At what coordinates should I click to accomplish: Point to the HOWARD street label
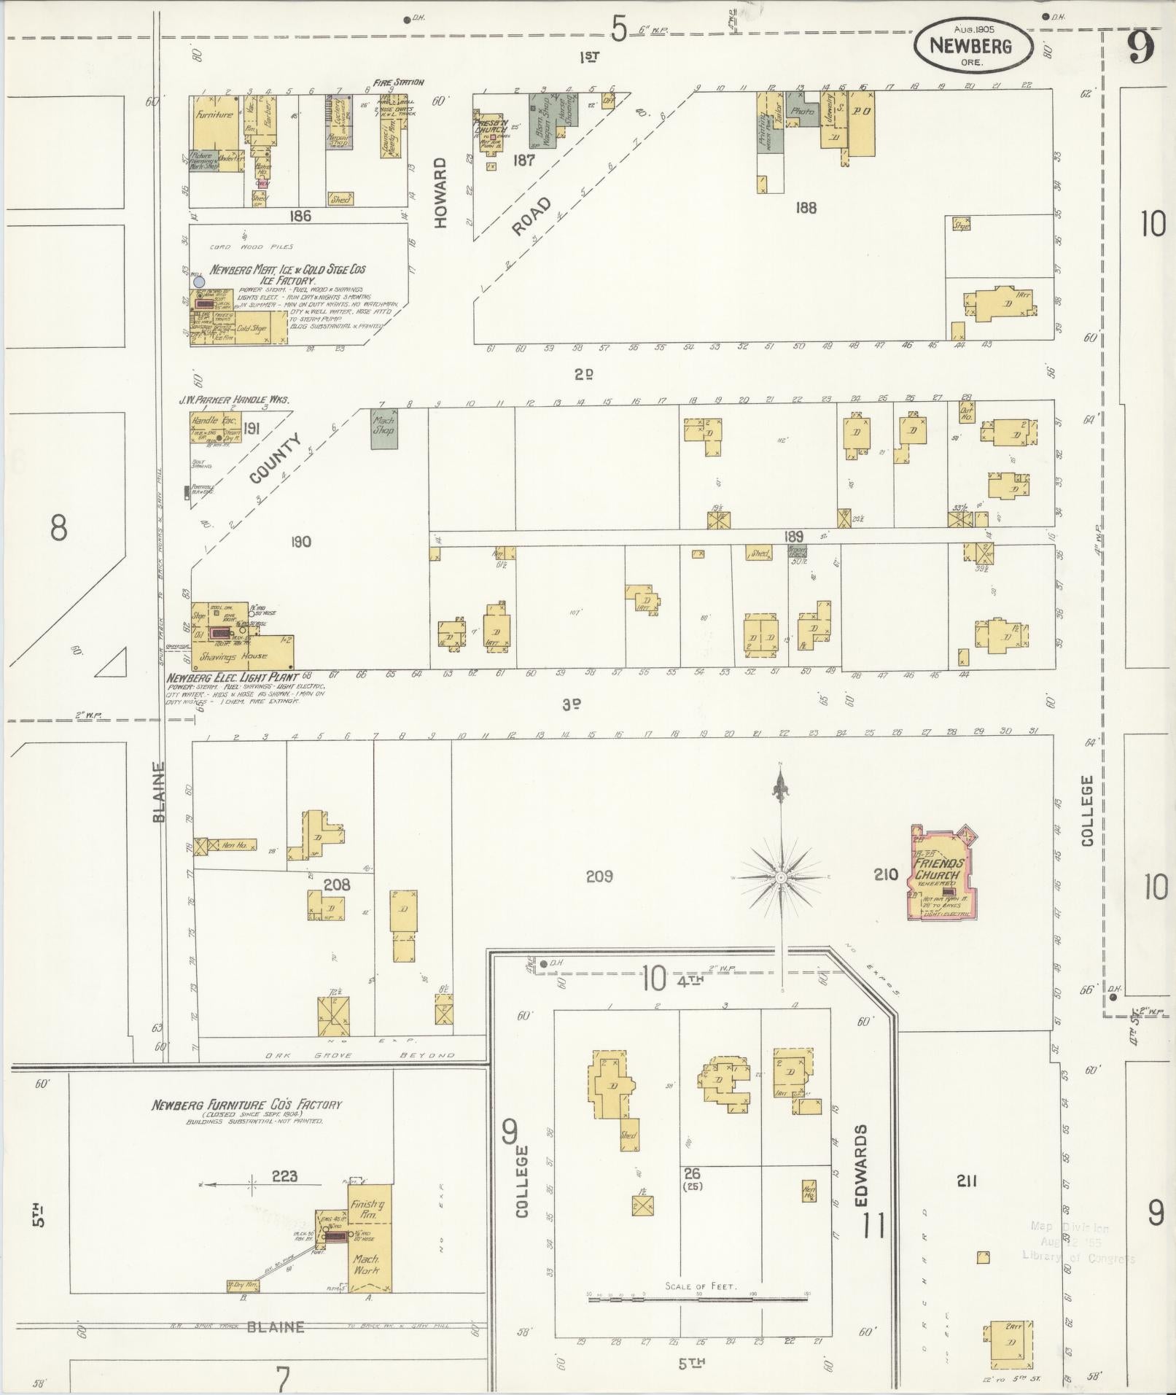tap(440, 193)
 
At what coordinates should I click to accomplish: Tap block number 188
tap(806, 208)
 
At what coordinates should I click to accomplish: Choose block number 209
tap(599, 876)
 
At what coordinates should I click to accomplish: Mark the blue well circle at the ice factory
tap(198, 281)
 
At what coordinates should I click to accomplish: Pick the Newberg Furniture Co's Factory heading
tap(246, 1105)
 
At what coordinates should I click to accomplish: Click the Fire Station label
tap(398, 82)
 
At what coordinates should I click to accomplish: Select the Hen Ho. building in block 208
tap(233, 845)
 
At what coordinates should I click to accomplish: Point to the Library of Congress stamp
tap(1078, 1242)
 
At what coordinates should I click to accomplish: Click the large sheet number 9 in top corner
tap(1140, 47)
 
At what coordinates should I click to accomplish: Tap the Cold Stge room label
tap(252, 328)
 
